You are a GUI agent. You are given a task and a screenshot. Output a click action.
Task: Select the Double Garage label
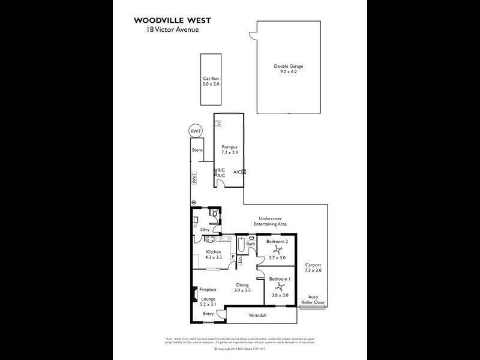click(288, 66)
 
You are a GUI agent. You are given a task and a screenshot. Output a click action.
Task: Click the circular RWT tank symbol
click(196, 131)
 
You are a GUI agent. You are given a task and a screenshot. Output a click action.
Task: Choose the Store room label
click(197, 150)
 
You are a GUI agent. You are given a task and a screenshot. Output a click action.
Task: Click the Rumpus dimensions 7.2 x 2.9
click(230, 152)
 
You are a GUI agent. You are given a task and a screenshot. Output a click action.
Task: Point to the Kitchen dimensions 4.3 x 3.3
click(214, 257)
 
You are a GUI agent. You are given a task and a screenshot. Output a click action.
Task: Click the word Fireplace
click(208, 290)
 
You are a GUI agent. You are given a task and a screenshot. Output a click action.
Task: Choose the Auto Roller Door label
click(316, 299)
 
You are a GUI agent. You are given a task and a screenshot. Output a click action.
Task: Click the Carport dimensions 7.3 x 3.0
click(314, 271)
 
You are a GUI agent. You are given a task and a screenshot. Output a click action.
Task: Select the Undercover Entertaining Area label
click(273, 221)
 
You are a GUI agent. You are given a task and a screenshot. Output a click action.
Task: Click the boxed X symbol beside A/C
click(244, 172)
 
